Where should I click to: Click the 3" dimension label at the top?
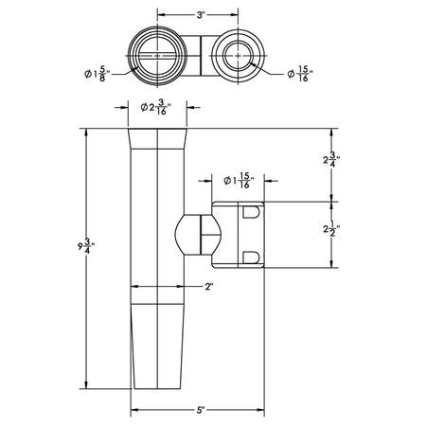tap(201, 15)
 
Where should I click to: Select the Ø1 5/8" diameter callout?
tap(97, 74)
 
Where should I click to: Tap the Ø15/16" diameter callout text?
tap(300, 74)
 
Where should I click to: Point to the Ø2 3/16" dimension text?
tap(156, 107)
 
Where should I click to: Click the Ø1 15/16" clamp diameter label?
tap(239, 181)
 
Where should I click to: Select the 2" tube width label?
tap(209, 287)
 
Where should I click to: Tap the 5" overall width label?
tap(201, 410)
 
